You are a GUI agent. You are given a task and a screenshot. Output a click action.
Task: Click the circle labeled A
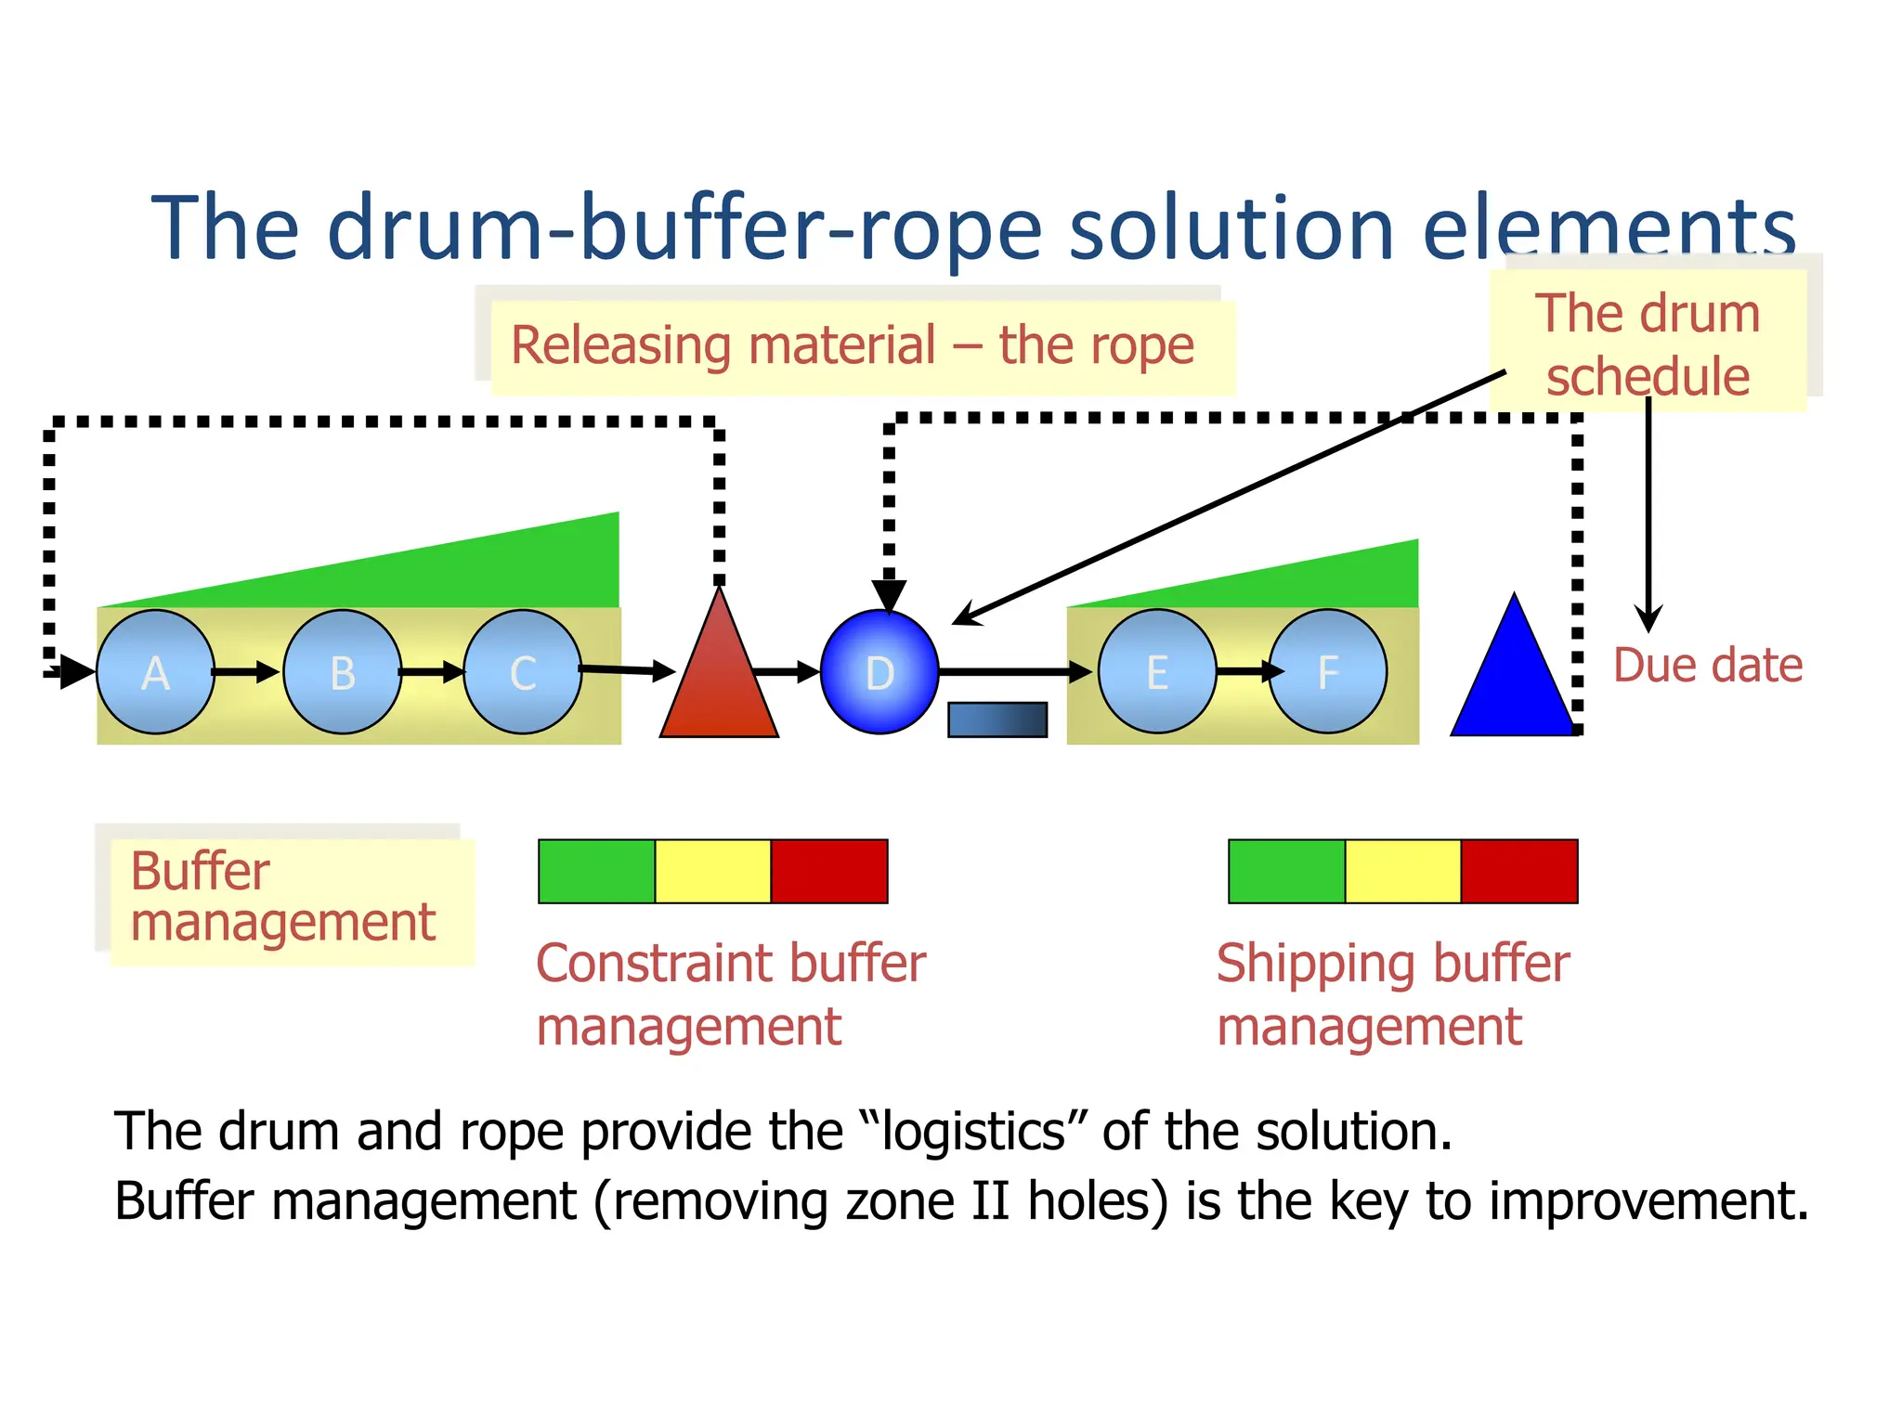(x=155, y=672)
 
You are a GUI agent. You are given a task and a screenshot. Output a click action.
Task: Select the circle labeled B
(x=343, y=672)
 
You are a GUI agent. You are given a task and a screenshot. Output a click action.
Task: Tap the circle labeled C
(x=523, y=672)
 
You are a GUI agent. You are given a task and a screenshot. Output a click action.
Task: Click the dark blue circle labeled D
(x=879, y=672)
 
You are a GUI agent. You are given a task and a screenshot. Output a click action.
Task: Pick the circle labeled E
(x=1157, y=672)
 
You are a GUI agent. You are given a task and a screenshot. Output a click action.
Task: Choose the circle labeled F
(x=1328, y=672)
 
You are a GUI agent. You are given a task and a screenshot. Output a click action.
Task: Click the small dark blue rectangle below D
(x=997, y=719)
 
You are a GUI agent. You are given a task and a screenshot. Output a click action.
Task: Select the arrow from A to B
(x=245, y=671)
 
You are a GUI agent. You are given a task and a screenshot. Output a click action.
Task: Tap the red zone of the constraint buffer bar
(x=829, y=871)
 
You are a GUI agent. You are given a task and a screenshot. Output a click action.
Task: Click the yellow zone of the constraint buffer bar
(x=713, y=871)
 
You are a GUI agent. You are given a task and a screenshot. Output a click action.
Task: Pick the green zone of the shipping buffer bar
(x=1287, y=871)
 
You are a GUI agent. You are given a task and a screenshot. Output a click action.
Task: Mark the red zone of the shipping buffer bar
(x=1519, y=871)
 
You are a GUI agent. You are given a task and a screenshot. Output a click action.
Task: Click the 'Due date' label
(x=1707, y=666)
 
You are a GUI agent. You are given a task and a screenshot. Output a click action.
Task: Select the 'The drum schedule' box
(x=1648, y=344)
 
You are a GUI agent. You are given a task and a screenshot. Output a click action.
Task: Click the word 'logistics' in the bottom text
(x=974, y=1132)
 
